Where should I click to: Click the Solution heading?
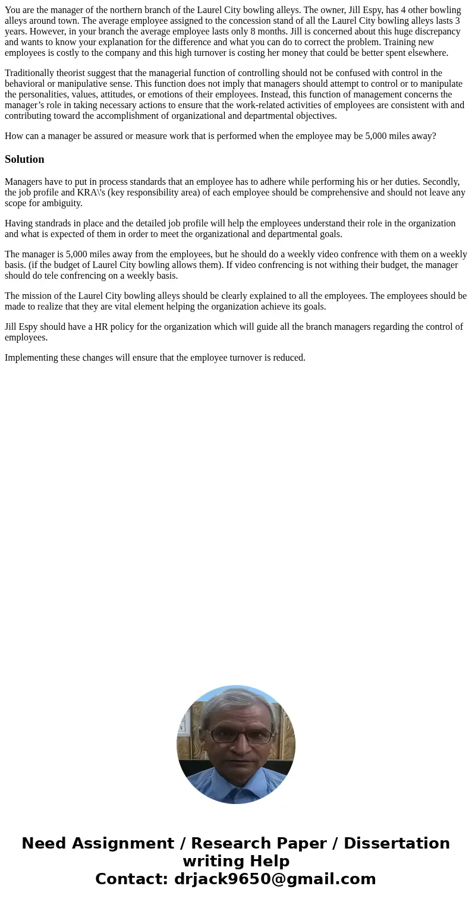tap(24, 159)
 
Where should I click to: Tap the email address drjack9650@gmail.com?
tap(275, 879)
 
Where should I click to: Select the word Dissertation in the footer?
tap(397, 843)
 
